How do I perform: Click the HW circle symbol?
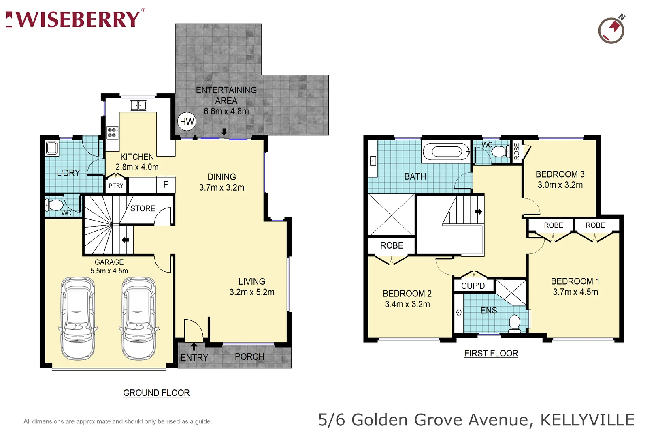[x=187, y=122]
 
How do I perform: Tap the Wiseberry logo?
[x=75, y=19]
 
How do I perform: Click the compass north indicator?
[x=612, y=30]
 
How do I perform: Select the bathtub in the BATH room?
[x=446, y=152]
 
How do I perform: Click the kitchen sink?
[x=138, y=105]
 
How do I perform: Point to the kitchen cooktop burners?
[x=112, y=133]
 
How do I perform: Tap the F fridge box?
[x=166, y=185]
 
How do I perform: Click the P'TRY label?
[x=116, y=186]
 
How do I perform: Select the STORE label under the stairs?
[x=143, y=208]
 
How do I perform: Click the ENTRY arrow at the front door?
[x=194, y=347]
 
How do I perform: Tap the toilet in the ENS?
[x=514, y=323]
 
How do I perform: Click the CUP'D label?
[x=473, y=286]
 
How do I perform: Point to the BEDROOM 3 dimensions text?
[x=560, y=185]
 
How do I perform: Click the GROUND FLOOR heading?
[x=156, y=393]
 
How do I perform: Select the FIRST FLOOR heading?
[x=491, y=354]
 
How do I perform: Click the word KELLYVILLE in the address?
[x=587, y=420]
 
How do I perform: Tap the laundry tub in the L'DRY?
[x=51, y=148]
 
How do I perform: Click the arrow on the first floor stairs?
[x=478, y=212]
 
